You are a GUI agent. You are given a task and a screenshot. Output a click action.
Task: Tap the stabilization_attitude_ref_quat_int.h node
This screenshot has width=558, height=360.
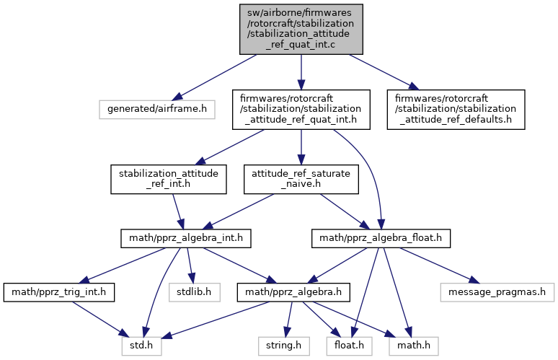(301, 109)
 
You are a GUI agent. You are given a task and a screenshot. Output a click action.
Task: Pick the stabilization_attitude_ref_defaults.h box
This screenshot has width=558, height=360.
(459, 109)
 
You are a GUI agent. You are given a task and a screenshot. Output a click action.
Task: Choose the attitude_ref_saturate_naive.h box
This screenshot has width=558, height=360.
(301, 179)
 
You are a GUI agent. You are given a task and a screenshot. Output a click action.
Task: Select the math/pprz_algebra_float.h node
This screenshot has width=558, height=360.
(381, 237)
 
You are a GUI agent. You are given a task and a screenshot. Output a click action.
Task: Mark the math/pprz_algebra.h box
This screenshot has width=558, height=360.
(294, 292)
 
